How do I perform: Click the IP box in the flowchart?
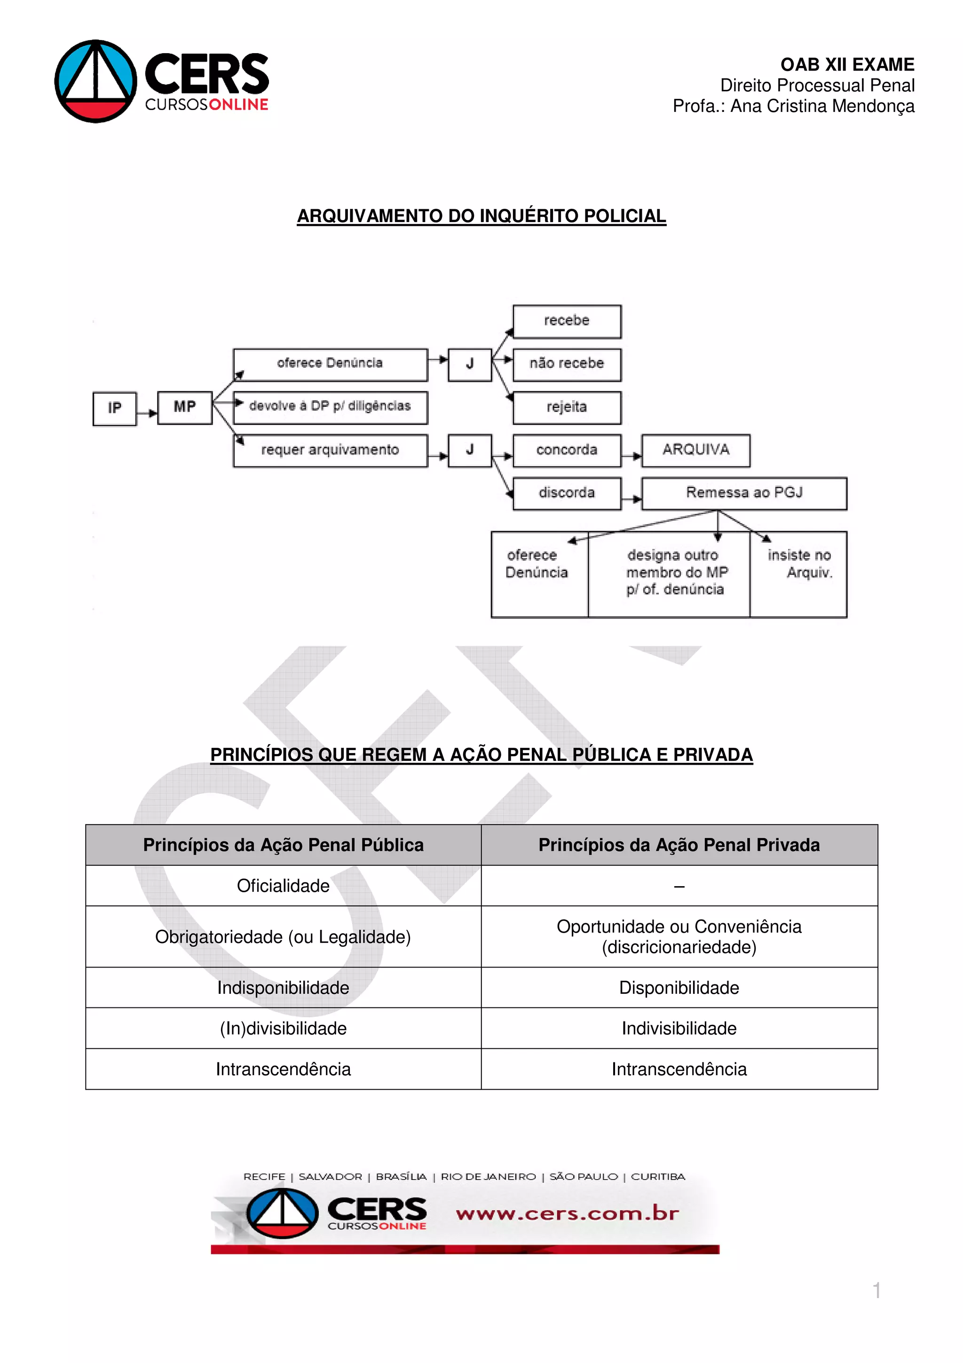coord(115,408)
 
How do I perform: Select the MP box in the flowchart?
coord(184,407)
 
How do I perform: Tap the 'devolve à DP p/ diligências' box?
coord(331,407)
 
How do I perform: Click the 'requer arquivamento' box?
coord(331,451)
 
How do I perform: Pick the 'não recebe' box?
coord(567,364)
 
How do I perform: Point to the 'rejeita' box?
coord(567,407)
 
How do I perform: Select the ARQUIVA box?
coord(695,451)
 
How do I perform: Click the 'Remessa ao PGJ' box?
coord(744,493)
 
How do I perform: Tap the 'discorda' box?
coord(567,493)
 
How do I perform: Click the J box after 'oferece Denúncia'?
coord(470,364)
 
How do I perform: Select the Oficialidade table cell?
coord(283,886)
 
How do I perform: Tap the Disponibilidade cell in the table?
coord(679,988)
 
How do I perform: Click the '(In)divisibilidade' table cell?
coord(283,1028)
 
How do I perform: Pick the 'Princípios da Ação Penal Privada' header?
coord(679,845)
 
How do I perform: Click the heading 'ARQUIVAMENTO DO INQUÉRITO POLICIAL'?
coord(481,216)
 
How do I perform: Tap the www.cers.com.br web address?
coord(567,1213)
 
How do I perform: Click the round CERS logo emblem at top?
coord(95,81)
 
